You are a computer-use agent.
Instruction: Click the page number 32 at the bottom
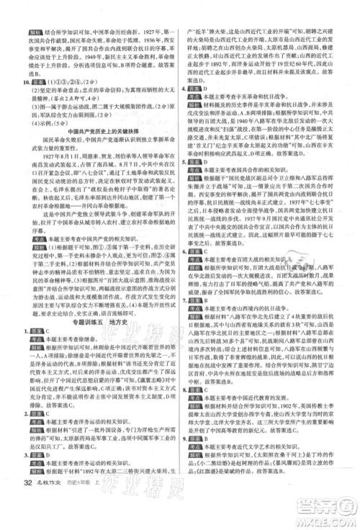click(x=27, y=514)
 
